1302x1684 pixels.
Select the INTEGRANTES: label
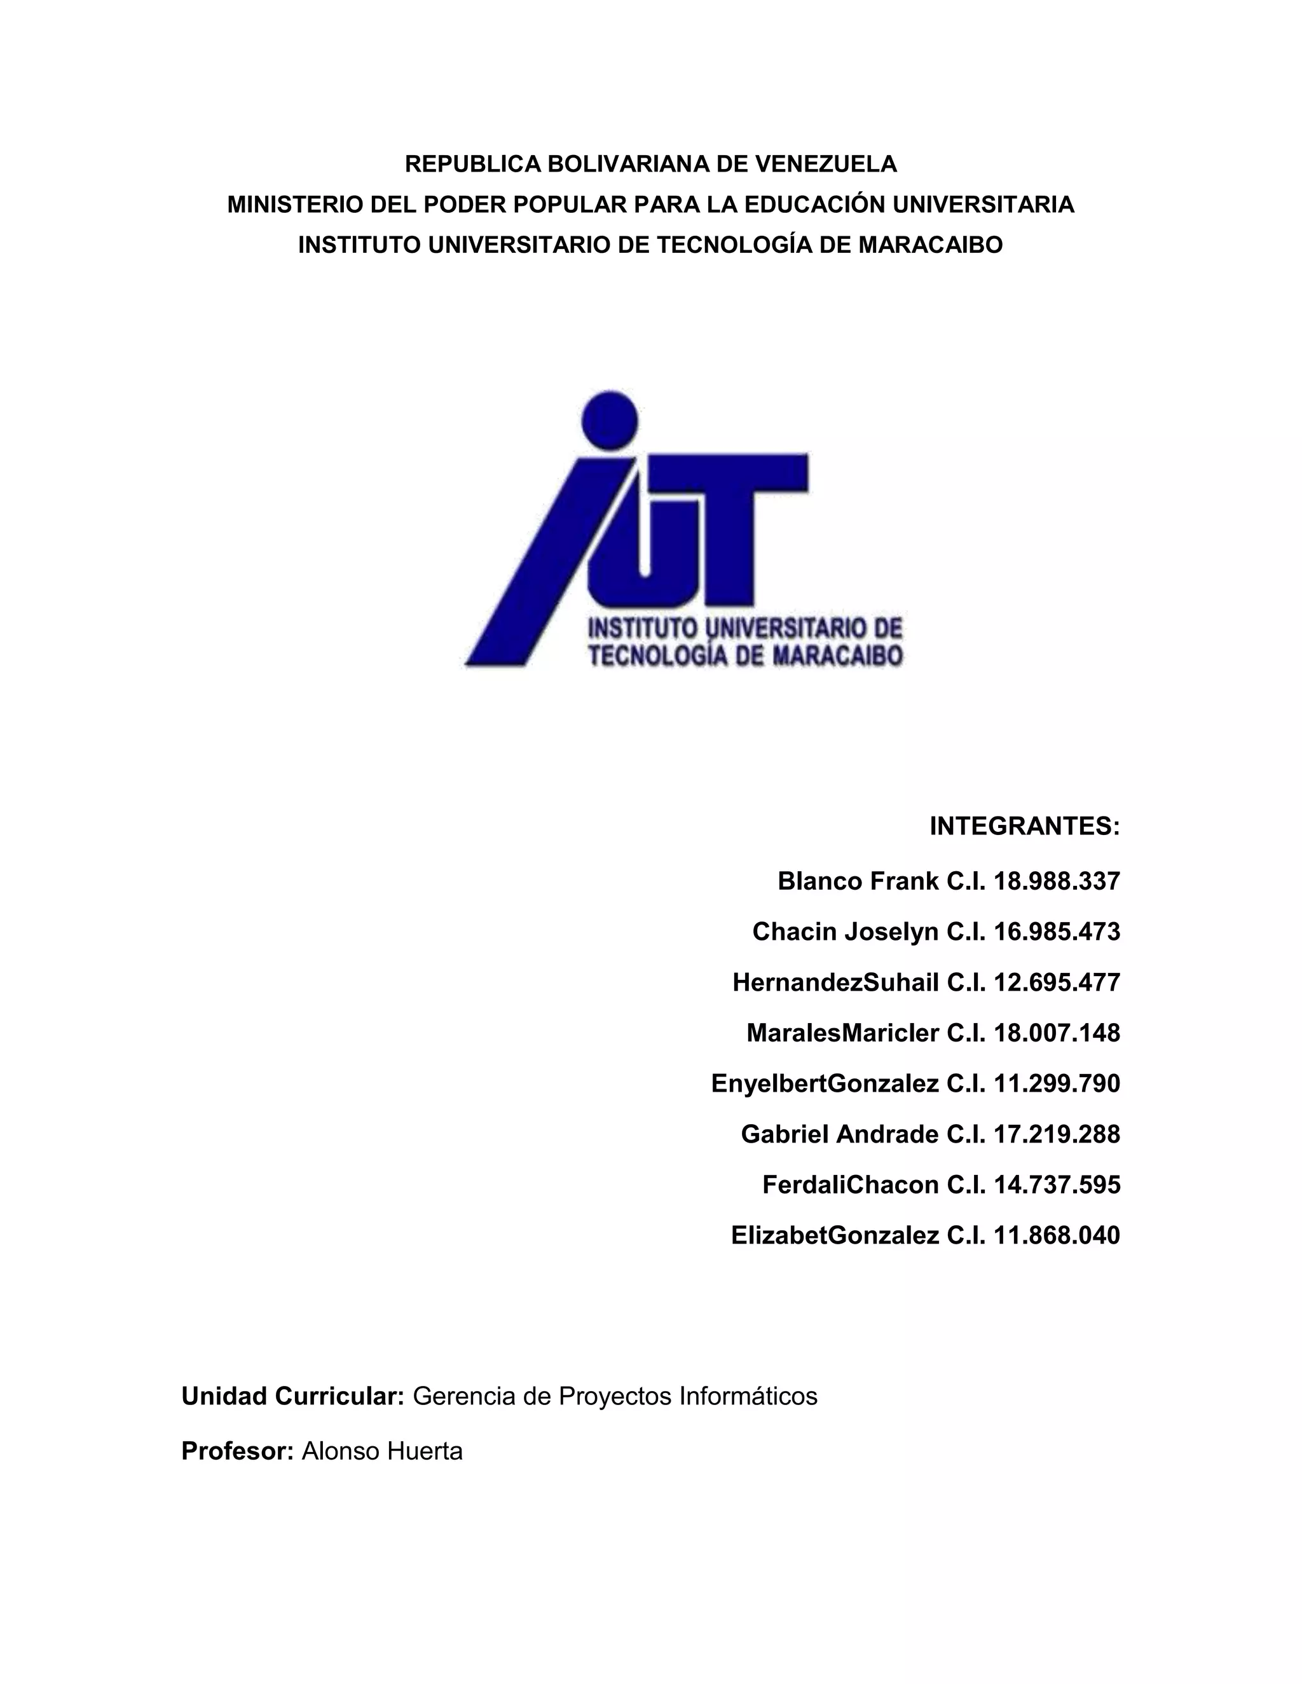click(1024, 827)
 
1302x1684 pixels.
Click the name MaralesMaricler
click(842, 1033)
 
